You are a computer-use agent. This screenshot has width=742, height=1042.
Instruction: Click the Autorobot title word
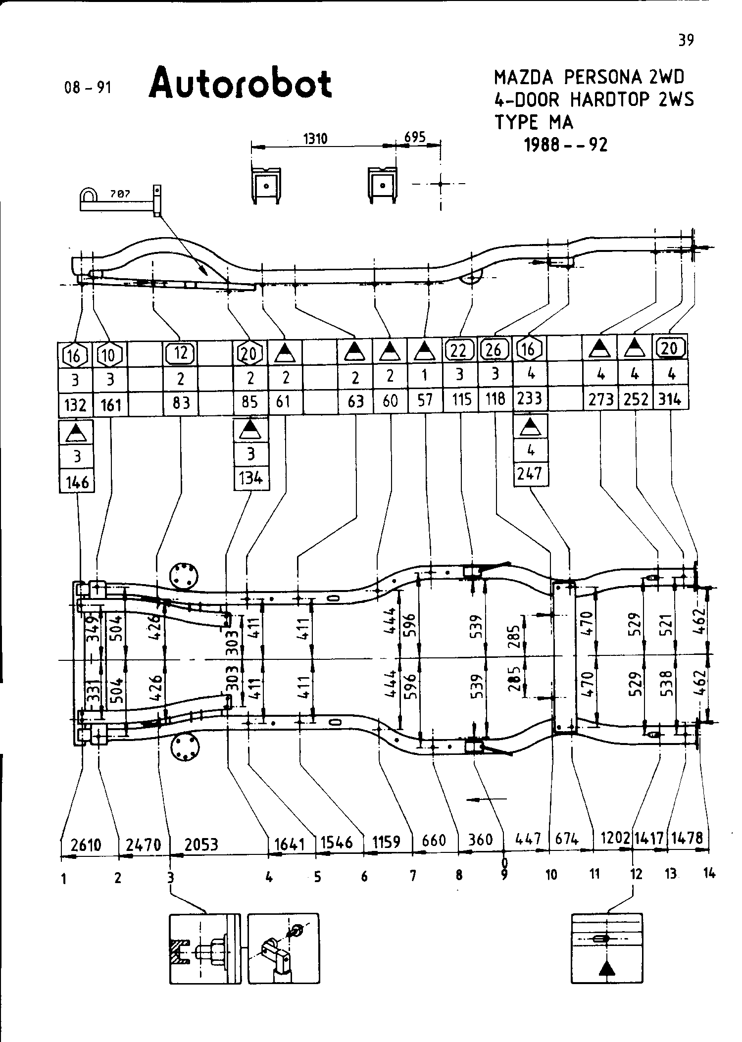[241, 83]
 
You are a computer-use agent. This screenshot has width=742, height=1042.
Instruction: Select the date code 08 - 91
[88, 88]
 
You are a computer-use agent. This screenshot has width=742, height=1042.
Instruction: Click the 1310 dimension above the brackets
[315, 139]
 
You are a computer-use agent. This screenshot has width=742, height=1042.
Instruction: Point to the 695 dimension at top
[415, 137]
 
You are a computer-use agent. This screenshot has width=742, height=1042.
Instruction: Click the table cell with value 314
[670, 399]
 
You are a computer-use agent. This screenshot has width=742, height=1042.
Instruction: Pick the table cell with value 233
[529, 398]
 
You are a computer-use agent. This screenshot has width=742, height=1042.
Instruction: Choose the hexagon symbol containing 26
[494, 350]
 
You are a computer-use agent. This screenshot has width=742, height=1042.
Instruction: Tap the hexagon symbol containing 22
[459, 350]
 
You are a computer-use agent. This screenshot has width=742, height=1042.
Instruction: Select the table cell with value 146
[77, 482]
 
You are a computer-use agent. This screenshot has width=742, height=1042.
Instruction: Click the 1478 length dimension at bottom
[688, 838]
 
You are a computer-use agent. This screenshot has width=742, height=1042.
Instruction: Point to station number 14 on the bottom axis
[709, 874]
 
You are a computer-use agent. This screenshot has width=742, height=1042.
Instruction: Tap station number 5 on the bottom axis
[317, 877]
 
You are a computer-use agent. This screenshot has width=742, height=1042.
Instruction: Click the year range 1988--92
[565, 145]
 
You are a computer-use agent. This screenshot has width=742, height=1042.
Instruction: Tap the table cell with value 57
[425, 400]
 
